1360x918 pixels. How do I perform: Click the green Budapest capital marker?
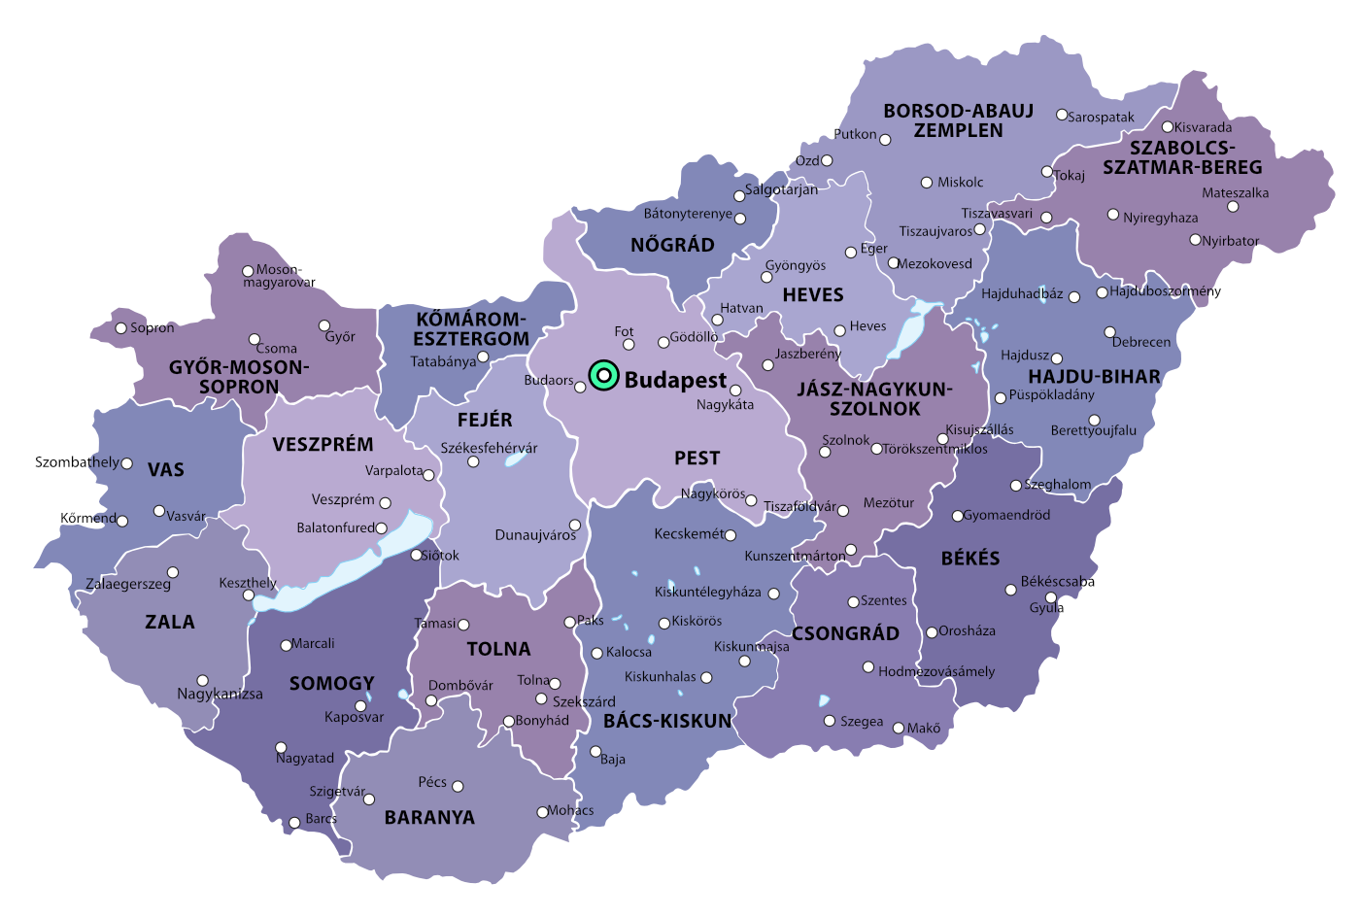(603, 375)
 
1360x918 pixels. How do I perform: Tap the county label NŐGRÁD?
(672, 245)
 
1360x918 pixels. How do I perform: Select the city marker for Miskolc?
(927, 183)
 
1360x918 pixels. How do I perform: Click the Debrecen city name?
(1141, 342)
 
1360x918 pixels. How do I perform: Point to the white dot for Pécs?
(458, 786)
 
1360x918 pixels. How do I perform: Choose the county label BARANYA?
(429, 818)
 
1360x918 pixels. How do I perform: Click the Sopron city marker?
(121, 328)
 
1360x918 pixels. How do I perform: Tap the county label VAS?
(166, 470)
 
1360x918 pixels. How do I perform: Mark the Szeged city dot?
(830, 721)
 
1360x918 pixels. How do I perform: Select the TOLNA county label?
(498, 649)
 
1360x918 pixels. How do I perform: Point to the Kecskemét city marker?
(731, 535)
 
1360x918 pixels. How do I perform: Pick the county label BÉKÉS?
(969, 559)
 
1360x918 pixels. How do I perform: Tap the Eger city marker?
(851, 253)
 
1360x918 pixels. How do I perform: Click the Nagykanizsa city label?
(220, 694)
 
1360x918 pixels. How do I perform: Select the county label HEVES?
(813, 294)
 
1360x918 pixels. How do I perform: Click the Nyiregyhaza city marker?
(1113, 215)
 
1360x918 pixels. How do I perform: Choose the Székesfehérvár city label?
(489, 448)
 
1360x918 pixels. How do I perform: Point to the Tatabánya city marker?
(483, 357)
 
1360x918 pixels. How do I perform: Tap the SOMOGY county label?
(331, 684)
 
